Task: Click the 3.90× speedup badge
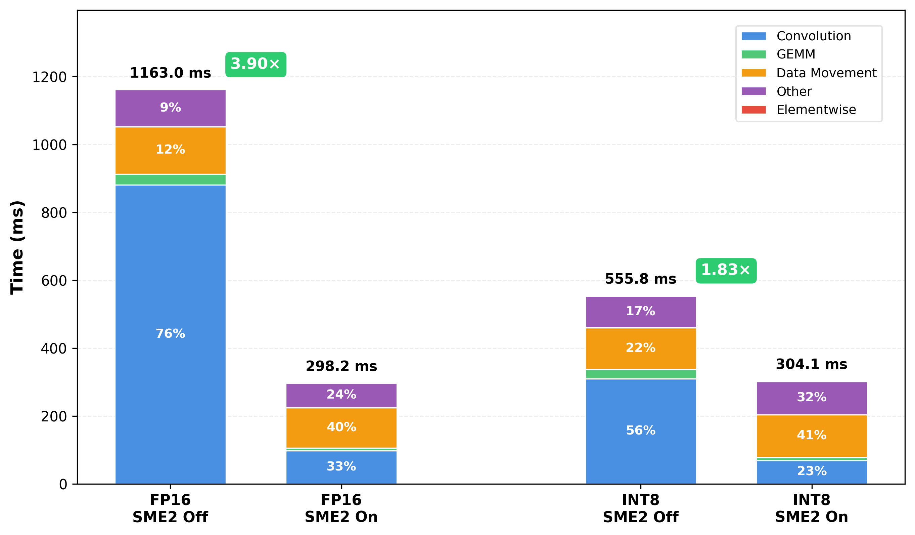click(x=256, y=64)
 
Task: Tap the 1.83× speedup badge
click(x=726, y=271)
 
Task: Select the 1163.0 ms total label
click(x=170, y=73)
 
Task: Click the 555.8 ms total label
click(x=641, y=279)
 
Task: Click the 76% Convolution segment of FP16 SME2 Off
click(x=170, y=334)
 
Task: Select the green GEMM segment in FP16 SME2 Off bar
click(x=170, y=179)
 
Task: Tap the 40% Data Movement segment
click(x=341, y=427)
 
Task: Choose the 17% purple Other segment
click(x=641, y=312)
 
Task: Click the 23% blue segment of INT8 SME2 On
click(x=812, y=471)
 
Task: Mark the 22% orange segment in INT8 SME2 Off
click(x=641, y=348)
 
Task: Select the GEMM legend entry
click(x=795, y=54)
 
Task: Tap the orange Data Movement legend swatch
click(x=753, y=73)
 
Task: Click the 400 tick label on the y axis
click(x=53, y=349)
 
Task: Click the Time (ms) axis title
click(x=17, y=247)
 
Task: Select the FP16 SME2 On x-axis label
click(x=341, y=508)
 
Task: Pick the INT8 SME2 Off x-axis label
click(x=641, y=508)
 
